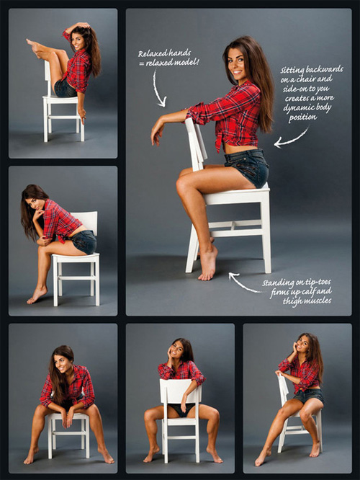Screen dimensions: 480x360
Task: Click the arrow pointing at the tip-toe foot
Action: coord(243,283)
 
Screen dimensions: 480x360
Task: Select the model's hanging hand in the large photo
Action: coord(156,131)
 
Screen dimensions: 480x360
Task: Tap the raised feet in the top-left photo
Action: coord(33,45)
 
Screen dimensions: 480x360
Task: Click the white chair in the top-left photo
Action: coord(62,108)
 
